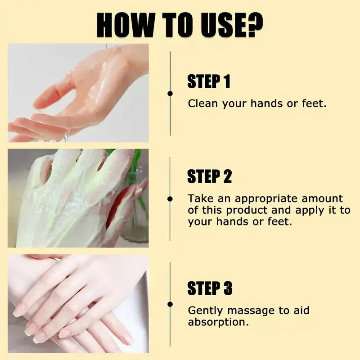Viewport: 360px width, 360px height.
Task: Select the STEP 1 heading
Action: coord(209,81)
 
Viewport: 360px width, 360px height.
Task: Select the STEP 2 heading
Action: coord(210,176)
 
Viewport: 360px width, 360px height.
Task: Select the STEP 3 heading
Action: coord(210,288)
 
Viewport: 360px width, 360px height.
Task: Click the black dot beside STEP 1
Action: coord(170,94)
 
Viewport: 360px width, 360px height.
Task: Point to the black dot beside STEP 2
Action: coord(170,199)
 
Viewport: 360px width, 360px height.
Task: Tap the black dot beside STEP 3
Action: coord(170,304)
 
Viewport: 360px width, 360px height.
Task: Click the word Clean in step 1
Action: coord(203,103)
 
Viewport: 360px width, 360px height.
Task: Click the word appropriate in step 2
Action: coord(266,199)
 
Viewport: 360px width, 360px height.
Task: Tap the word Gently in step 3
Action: coord(205,311)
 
